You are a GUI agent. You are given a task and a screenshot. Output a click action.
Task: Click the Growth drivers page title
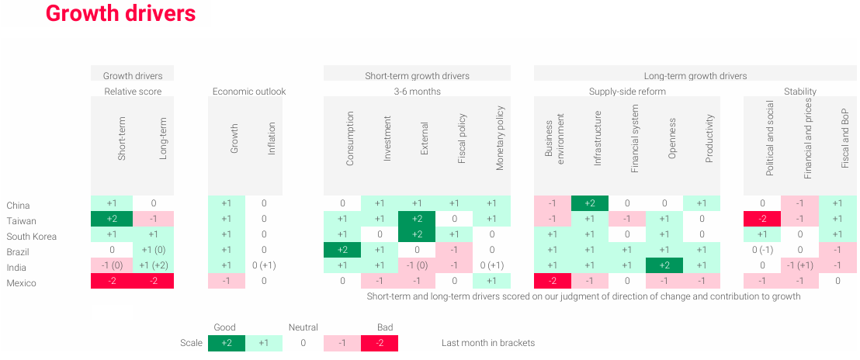tap(120, 14)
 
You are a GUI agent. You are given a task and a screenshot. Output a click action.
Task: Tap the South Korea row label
tap(31, 237)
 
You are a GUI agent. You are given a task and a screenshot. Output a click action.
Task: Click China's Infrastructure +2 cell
tap(590, 203)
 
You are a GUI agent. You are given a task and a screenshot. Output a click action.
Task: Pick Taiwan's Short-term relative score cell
tap(111, 219)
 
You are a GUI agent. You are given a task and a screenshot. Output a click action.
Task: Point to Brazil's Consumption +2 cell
tap(342, 250)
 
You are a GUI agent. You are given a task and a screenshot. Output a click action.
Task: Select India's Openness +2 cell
tap(664, 265)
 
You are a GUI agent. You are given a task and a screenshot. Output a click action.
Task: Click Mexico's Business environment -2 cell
tap(553, 281)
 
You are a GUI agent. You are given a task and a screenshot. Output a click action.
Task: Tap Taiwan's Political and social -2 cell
tap(762, 219)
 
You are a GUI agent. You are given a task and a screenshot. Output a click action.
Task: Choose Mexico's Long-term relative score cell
tap(153, 281)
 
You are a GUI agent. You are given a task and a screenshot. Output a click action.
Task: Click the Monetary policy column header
tap(500, 138)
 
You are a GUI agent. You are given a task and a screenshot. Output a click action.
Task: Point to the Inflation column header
tap(272, 139)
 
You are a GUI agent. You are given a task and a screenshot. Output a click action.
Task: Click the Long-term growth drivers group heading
tap(695, 76)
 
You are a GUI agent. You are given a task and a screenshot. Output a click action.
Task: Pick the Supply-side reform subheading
tap(627, 92)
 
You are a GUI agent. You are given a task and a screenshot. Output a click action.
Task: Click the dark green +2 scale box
tap(227, 343)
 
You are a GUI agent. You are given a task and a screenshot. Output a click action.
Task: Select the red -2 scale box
tap(380, 343)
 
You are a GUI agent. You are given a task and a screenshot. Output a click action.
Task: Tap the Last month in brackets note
tap(488, 343)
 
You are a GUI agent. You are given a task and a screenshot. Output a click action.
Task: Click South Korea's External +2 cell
tap(417, 234)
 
